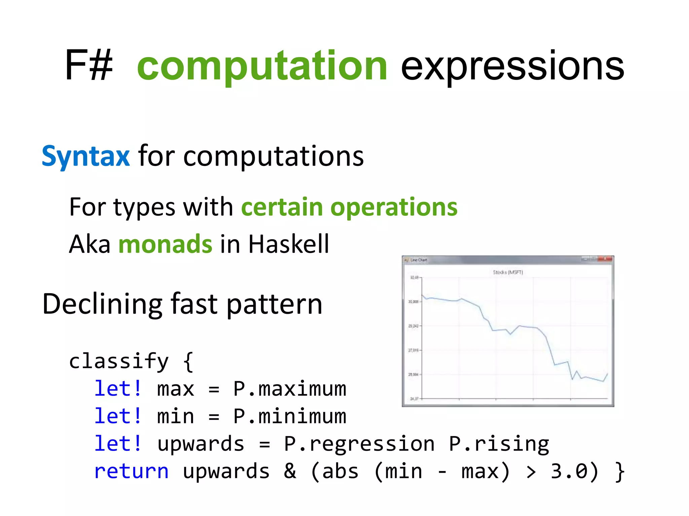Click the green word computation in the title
click(262, 66)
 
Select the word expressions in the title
click(512, 67)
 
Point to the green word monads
click(165, 244)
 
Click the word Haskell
click(289, 244)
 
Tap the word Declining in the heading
click(103, 304)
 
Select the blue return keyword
click(131, 471)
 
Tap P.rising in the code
click(499, 444)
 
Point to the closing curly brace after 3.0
click(619, 472)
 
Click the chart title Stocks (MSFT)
click(508, 272)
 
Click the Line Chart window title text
click(419, 260)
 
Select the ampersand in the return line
click(290, 471)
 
